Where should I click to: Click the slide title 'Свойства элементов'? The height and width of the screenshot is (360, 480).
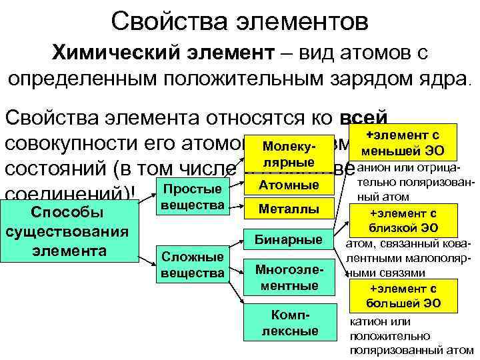point(239,20)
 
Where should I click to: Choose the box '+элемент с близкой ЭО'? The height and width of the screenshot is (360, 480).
point(403,221)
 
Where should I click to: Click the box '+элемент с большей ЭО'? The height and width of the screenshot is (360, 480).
point(403,296)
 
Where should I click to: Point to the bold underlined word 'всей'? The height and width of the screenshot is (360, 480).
point(363,118)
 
